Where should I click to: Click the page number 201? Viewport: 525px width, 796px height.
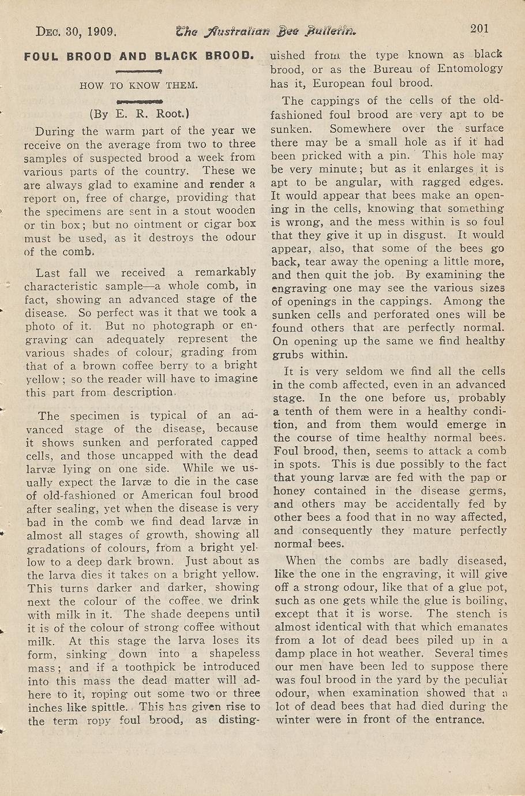pyautogui.click(x=479, y=28)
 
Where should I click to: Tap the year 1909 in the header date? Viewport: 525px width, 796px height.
pyautogui.click(x=102, y=31)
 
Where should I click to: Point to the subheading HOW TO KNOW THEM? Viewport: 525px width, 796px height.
pyautogui.click(x=139, y=85)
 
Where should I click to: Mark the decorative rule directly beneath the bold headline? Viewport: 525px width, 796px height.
pyautogui.click(x=138, y=72)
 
